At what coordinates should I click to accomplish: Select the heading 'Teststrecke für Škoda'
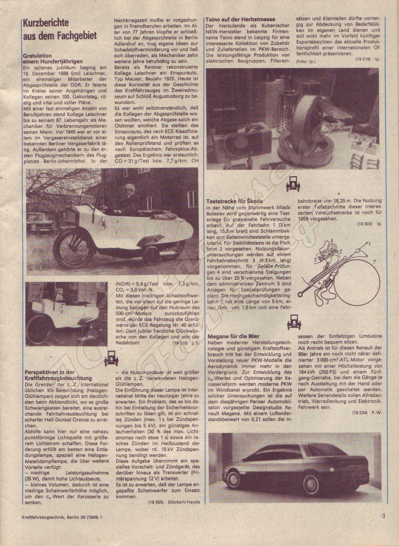(x=234, y=201)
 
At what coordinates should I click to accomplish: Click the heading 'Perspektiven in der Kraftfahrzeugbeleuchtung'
(x=59, y=375)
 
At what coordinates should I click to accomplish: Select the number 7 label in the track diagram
(x=374, y=262)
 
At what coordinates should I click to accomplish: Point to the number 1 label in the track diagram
(x=370, y=244)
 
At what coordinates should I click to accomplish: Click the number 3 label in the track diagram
(x=326, y=302)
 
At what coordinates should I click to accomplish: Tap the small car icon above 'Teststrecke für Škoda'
(x=292, y=183)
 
